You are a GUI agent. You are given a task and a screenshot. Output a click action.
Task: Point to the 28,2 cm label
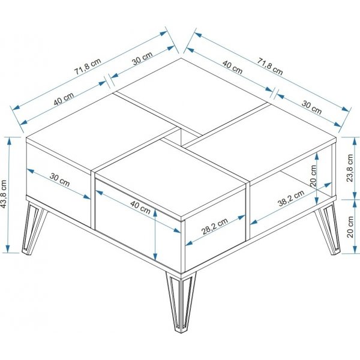pyautogui.click(x=215, y=228)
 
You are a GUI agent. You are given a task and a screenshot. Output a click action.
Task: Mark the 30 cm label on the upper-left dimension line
pyautogui.click(x=142, y=61)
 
